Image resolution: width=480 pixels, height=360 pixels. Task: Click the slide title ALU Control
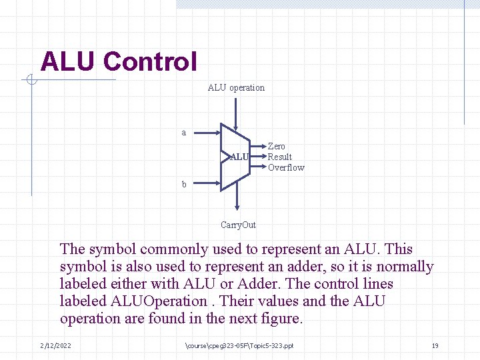click(x=119, y=62)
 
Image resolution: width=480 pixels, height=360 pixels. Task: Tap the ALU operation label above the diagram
click(x=236, y=87)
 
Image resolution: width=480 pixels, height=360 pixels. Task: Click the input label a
click(x=184, y=133)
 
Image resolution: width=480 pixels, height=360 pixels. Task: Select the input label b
click(x=184, y=184)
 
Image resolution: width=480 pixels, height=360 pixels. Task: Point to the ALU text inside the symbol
click(x=239, y=157)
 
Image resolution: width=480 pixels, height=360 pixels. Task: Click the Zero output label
click(x=276, y=146)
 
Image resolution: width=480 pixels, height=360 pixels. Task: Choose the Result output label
click(x=280, y=157)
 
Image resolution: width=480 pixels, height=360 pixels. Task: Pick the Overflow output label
click(x=286, y=167)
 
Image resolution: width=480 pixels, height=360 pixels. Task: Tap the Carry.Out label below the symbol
click(x=238, y=225)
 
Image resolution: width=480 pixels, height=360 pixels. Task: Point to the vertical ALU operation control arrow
click(x=235, y=113)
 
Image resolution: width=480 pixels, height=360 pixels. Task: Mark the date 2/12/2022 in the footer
click(x=56, y=345)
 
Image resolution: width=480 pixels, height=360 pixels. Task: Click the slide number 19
click(x=435, y=345)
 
